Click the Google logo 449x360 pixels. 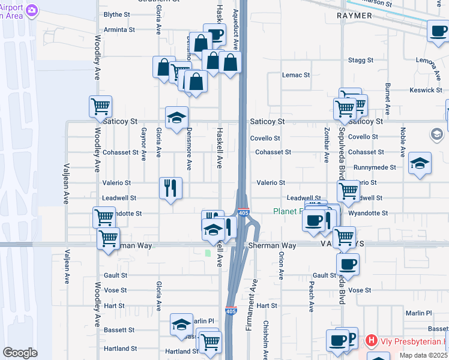[x=20, y=353]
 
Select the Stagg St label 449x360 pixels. [x=361, y=61]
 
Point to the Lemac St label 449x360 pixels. [x=296, y=75]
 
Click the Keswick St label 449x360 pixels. [x=428, y=90]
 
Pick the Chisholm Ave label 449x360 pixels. [x=265, y=339]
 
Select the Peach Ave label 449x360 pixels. [x=312, y=298]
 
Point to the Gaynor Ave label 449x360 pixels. [x=144, y=144]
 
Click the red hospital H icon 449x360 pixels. [x=371, y=341]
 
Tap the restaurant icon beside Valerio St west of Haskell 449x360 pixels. [x=170, y=188]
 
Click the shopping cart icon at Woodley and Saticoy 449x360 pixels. [x=101, y=107]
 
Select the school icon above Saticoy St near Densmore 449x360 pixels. [x=177, y=118]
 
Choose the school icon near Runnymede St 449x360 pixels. [x=420, y=163]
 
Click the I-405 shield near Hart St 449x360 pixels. [x=231, y=311]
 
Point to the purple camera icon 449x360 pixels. [x=31, y=10]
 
